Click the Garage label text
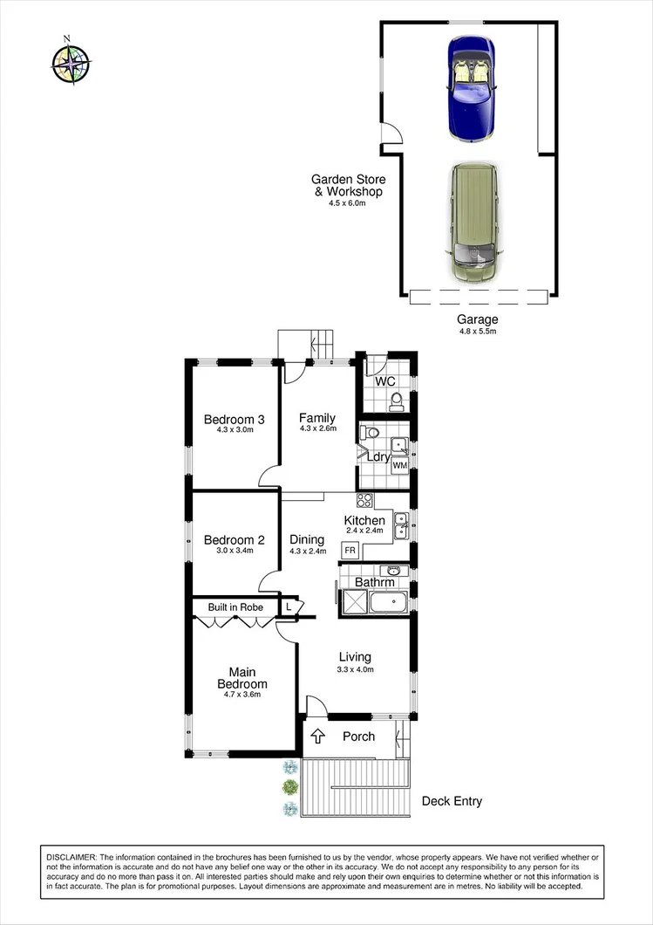coord(478,319)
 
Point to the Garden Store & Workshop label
coord(347,186)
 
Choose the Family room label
coord(317,418)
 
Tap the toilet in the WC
coord(397,401)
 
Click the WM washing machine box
coord(399,466)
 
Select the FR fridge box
coord(350,551)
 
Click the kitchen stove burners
coord(364,501)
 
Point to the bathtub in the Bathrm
coord(389,603)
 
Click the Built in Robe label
coord(235,606)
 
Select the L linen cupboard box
coord(289,606)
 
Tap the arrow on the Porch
coord(318,736)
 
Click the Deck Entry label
coord(452,801)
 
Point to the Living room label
coord(355,657)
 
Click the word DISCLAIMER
coord(73,858)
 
